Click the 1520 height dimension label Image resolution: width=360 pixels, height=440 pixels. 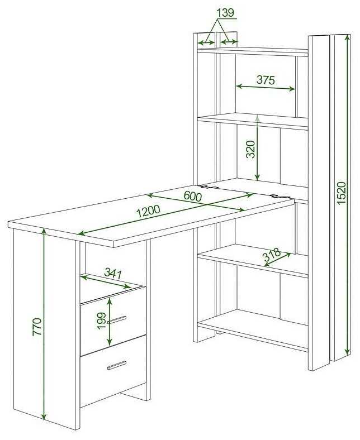pos(341,193)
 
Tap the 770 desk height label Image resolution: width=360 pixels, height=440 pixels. pos(37,327)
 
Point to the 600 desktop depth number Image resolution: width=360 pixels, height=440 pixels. pos(193,196)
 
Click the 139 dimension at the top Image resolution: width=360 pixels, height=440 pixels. pos(225,13)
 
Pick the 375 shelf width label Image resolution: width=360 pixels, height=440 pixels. pos(266,80)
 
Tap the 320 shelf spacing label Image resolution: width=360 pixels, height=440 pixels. pos(250,149)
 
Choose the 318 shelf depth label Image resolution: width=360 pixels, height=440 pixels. pos(271,254)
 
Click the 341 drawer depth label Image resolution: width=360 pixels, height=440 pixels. pos(113,273)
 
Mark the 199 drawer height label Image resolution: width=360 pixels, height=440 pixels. pos(101,321)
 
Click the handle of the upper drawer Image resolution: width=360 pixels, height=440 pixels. pos(117,320)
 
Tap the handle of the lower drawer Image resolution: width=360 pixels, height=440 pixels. pos(117,366)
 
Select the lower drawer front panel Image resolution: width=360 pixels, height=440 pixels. pos(113,370)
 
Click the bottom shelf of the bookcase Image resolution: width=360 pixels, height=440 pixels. pos(253,328)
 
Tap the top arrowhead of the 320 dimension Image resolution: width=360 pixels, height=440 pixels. pos(257,117)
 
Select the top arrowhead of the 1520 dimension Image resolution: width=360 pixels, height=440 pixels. pos(348,38)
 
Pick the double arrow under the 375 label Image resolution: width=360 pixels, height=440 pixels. pos(266,88)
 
